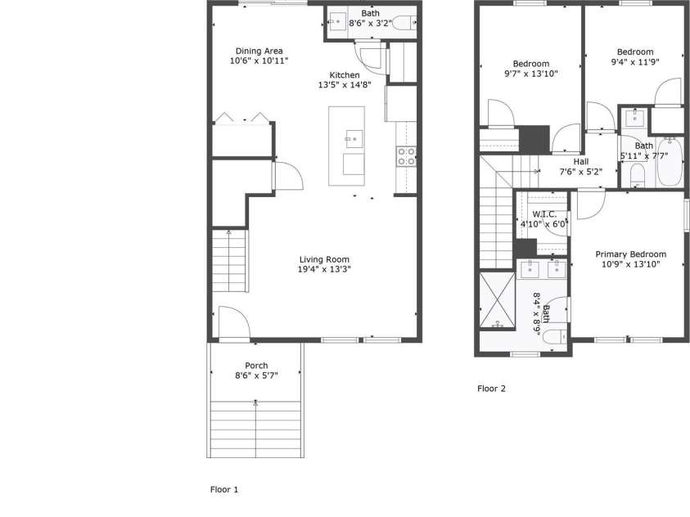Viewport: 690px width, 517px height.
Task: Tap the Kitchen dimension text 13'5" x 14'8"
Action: click(345, 85)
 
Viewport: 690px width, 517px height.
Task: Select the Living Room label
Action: click(324, 259)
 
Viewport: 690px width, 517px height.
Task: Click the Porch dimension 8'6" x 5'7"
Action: click(256, 375)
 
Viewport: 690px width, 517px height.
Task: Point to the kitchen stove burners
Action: click(406, 156)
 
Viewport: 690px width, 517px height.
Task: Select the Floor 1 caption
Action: click(224, 489)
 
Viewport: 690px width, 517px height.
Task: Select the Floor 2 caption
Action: click(491, 389)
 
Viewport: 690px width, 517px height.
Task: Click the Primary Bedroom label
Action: click(630, 254)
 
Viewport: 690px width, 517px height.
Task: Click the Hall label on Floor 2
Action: click(580, 162)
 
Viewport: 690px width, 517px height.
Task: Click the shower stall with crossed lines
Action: click(496, 299)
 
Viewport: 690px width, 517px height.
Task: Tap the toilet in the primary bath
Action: click(555, 337)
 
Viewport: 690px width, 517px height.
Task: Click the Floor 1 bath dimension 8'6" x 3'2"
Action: click(370, 24)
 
